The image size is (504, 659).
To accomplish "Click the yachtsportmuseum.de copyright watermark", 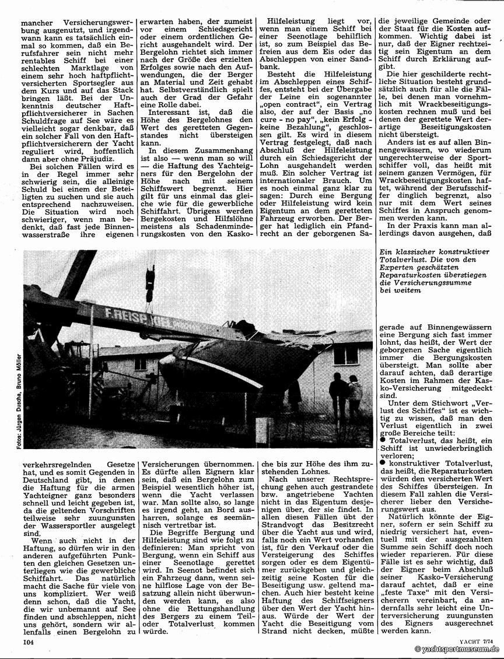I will [458, 650].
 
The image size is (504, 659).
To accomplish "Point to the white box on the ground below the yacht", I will [264, 432].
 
